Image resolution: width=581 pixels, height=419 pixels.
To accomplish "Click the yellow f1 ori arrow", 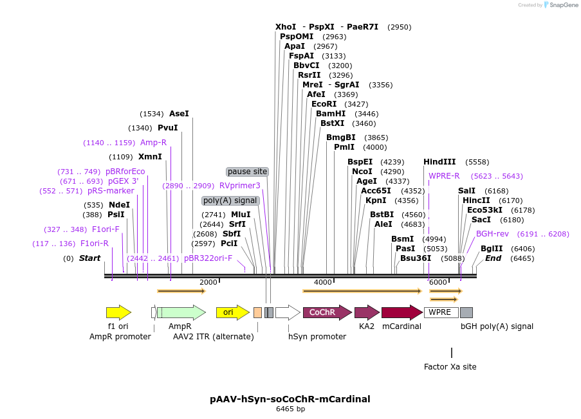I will [118, 313].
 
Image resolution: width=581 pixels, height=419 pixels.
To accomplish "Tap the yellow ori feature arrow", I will [232, 313].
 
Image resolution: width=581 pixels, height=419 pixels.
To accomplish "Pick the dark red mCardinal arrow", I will [401, 313].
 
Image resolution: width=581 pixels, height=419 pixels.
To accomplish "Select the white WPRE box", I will [441, 313].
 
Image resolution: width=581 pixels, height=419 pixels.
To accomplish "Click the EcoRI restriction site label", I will [324, 104].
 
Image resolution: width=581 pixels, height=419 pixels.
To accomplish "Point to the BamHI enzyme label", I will [331, 114].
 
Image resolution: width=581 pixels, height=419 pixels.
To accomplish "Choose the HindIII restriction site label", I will [439, 162].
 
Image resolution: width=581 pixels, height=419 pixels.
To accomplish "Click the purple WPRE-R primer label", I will [444, 176].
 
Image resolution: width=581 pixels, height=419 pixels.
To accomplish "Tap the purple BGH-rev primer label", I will [492, 234].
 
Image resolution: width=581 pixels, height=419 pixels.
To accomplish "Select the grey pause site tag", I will [247, 172].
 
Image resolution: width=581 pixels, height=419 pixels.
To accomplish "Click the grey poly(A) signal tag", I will [230, 201].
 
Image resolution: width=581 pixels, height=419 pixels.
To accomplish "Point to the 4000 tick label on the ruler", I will [323, 283].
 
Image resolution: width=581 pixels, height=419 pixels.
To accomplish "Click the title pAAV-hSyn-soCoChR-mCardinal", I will [290, 399].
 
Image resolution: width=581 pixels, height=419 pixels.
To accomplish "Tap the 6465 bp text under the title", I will [290, 409].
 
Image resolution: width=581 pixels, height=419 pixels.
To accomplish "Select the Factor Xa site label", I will [450, 367].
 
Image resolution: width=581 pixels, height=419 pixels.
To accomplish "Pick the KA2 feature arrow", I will [366, 313].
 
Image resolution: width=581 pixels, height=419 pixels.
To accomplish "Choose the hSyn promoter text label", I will [317, 336].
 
